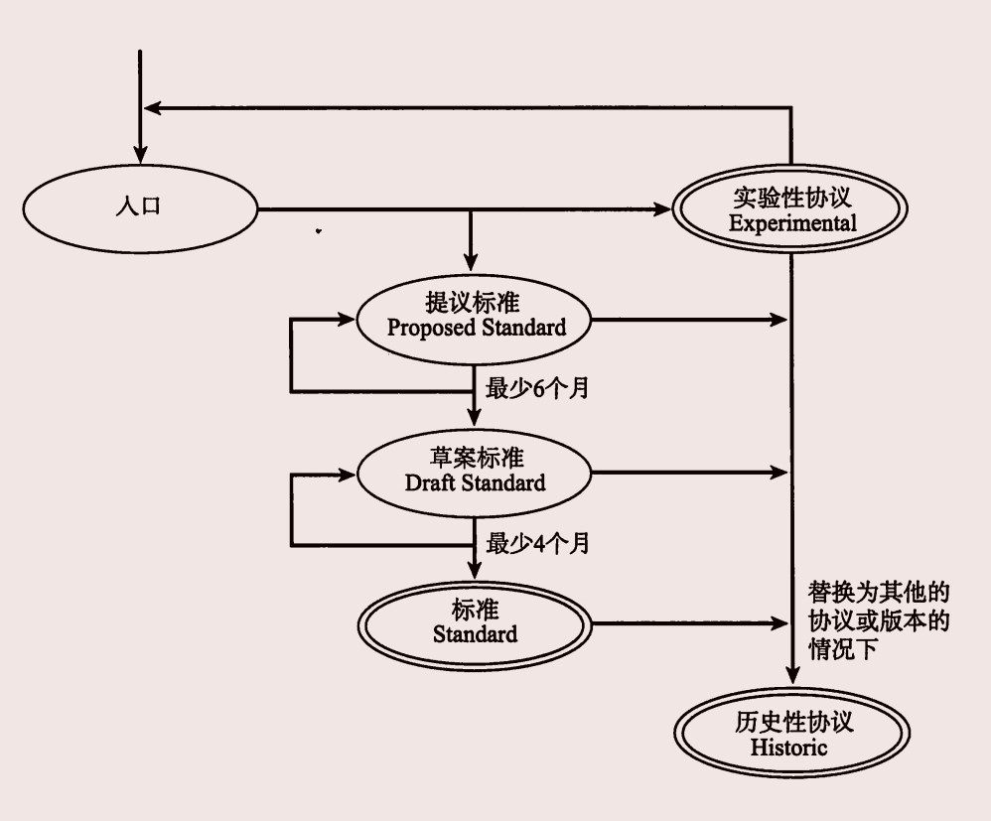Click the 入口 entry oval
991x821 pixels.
[x=139, y=208]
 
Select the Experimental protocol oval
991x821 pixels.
[x=791, y=209]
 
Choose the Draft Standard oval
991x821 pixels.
[x=476, y=473]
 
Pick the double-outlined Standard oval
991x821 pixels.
[x=476, y=622]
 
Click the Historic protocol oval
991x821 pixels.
[x=791, y=736]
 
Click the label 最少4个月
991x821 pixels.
[x=537, y=544]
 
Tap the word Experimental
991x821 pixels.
[x=791, y=222]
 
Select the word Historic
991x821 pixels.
[x=791, y=748]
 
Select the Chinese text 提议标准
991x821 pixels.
[x=476, y=303]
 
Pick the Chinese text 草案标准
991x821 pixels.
[x=476, y=460]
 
